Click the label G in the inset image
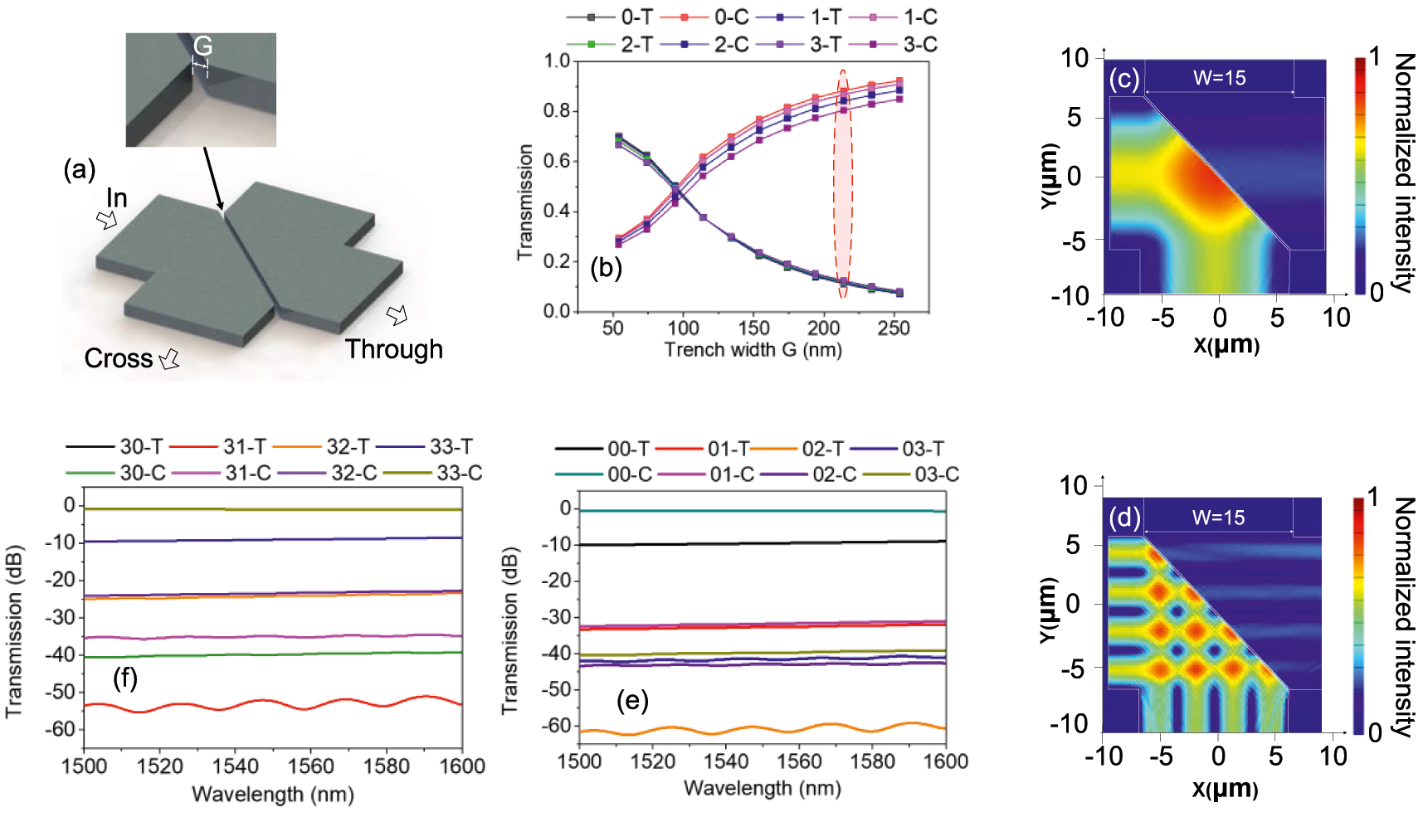pyautogui.click(x=202, y=46)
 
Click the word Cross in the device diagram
pyautogui.click(x=119, y=358)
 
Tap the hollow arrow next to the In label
pyautogui.click(x=106, y=220)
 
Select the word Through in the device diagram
pyautogui.click(x=393, y=349)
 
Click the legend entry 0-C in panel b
pyautogui.click(x=731, y=17)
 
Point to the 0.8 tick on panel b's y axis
pyautogui.click(x=557, y=110)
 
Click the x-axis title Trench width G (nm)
pyautogui.click(x=753, y=349)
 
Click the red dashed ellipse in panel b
pyautogui.click(x=843, y=183)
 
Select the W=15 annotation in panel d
pyautogui.click(x=1218, y=518)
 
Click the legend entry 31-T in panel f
pyautogui.click(x=244, y=447)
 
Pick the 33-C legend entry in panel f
pyautogui.click(x=459, y=473)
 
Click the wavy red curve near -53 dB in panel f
pyautogui.click(x=274, y=704)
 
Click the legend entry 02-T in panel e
pyautogui.click(x=821, y=449)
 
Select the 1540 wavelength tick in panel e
pyautogui.click(x=726, y=761)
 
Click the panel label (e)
pyautogui.click(x=631, y=701)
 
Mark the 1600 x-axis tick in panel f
pyautogui.click(x=462, y=766)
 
